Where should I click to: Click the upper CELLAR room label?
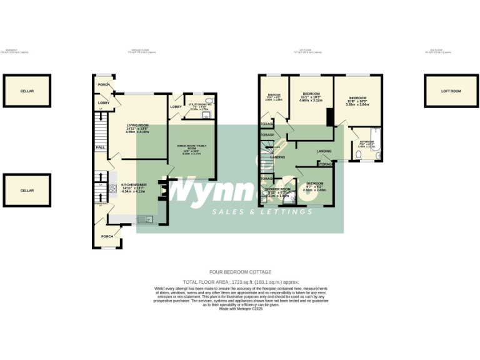pyautogui.click(x=27, y=91)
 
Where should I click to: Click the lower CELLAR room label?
pyautogui.click(x=27, y=190)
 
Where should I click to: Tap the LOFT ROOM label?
pyautogui.click(x=451, y=91)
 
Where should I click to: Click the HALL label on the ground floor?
pyautogui.click(x=100, y=147)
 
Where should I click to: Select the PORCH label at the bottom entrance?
pyautogui.click(x=107, y=236)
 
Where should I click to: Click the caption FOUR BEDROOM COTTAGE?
pyautogui.click(x=241, y=272)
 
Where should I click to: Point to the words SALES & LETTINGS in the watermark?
pyautogui.click(x=262, y=212)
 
